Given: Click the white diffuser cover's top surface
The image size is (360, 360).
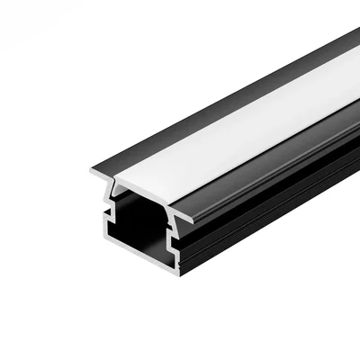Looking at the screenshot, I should click(234, 135).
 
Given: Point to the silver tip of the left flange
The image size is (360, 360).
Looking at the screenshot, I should click(94, 170).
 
